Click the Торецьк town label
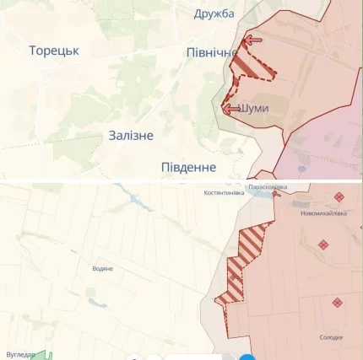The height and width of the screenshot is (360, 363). tap(54, 51)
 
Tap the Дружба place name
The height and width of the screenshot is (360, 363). tap(214, 13)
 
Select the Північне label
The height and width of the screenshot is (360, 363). tap(211, 53)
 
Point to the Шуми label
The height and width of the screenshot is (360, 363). tap(254, 109)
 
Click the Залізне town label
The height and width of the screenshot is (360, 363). tap(131, 135)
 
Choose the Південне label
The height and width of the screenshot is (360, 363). tap(188, 167)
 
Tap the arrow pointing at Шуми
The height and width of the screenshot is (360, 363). tap(230, 109)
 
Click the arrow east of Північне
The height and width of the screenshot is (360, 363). tap(252, 40)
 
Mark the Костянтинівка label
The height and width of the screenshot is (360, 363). tap(224, 192)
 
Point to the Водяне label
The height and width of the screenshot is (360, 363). tap(102, 268)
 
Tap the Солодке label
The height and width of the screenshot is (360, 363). tap(332, 337)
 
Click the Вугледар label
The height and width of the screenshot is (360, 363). tap(19, 355)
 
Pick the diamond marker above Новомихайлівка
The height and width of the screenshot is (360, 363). tap(339, 196)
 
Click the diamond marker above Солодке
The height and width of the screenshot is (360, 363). tap(337, 302)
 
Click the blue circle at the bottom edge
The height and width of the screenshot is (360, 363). tap(246, 356)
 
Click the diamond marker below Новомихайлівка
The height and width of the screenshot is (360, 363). tap(322, 244)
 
